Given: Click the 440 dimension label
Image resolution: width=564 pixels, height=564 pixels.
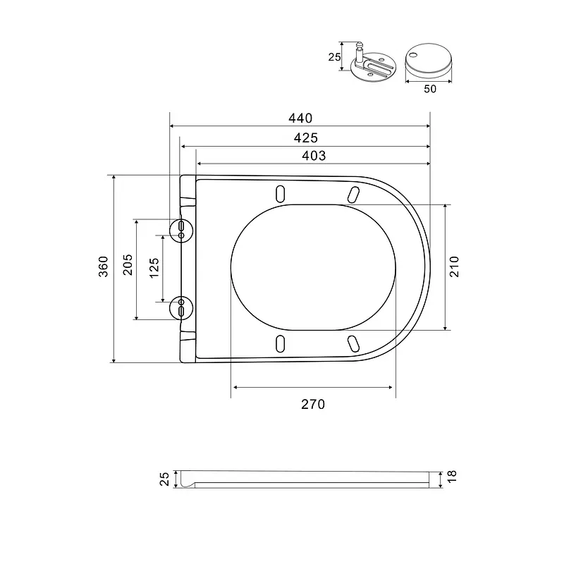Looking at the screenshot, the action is [300, 118].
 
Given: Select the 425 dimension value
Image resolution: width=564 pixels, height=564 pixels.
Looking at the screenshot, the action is [306, 137].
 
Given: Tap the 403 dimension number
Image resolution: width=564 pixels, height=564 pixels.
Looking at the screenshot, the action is [314, 155].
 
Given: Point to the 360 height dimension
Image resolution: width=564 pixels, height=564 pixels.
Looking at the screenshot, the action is [103, 266].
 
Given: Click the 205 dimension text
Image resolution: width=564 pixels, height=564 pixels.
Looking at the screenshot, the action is [128, 265].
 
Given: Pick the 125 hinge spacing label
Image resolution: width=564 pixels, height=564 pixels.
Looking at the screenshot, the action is [154, 268].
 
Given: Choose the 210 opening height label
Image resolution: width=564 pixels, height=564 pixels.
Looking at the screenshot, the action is [454, 266].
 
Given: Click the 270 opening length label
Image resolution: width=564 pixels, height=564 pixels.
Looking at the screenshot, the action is [313, 404].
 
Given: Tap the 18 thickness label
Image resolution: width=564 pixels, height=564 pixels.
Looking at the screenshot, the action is [452, 477].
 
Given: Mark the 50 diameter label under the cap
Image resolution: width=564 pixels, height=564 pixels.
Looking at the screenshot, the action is [430, 89].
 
